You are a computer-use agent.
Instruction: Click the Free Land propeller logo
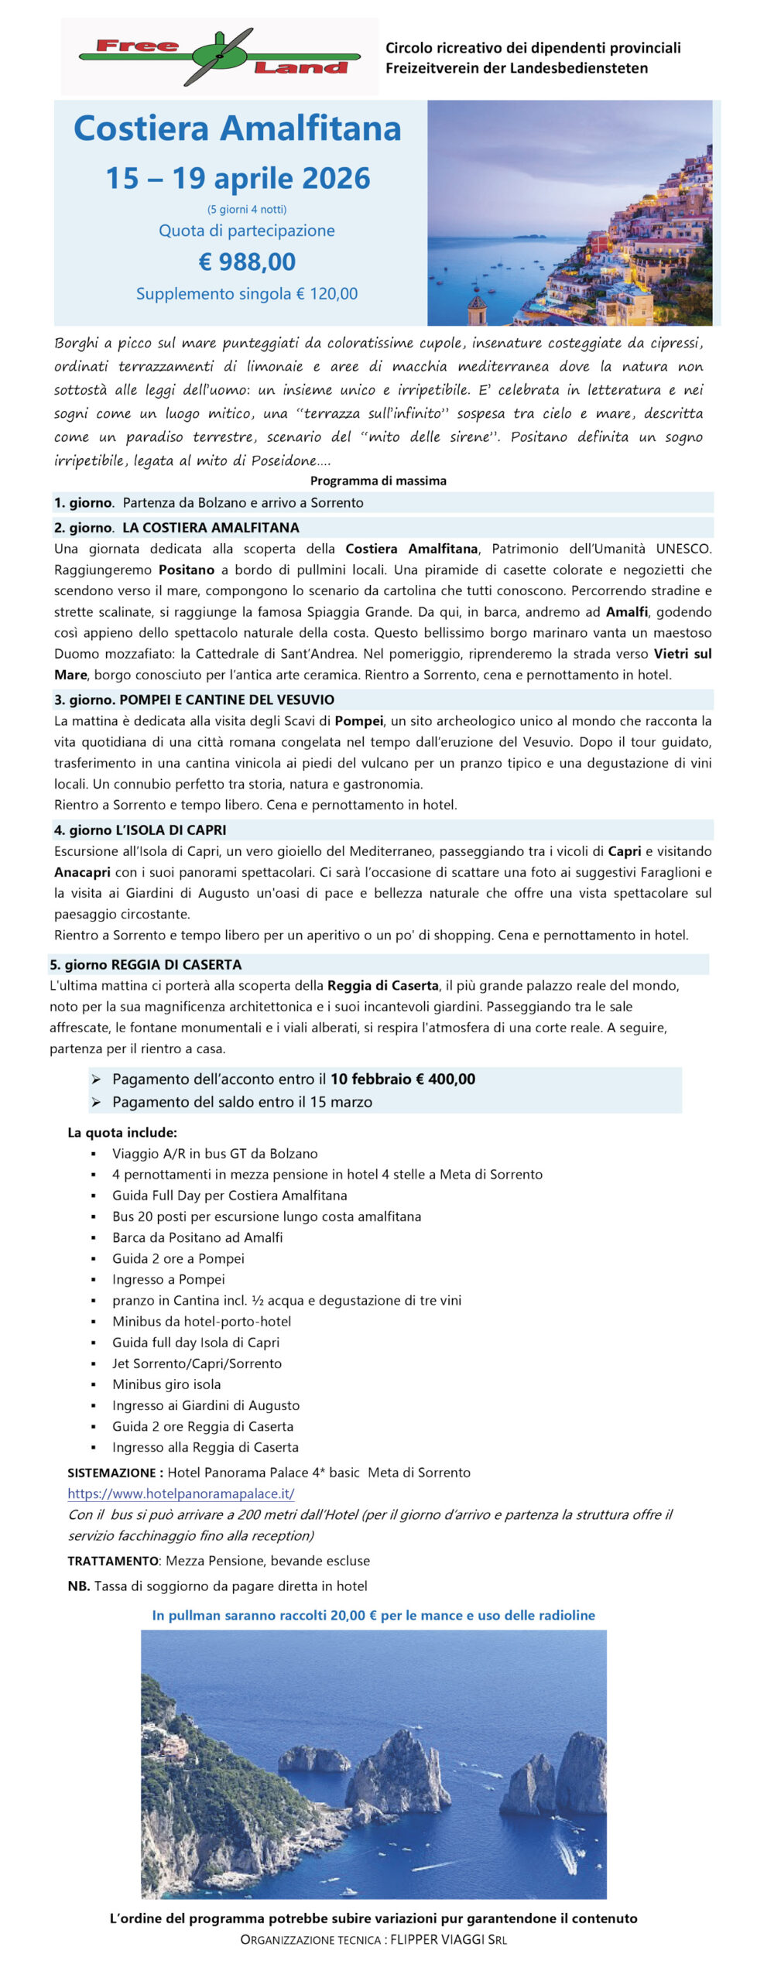[220, 56]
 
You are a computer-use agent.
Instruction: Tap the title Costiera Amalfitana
[237, 128]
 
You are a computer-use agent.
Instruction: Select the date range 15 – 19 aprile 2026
[238, 179]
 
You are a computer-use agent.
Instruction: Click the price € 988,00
[247, 262]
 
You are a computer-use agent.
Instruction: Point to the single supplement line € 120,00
[247, 294]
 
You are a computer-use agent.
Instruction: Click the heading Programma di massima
[378, 481]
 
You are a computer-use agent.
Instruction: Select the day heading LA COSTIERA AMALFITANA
[211, 528]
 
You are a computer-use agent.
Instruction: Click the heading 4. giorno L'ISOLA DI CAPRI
[140, 830]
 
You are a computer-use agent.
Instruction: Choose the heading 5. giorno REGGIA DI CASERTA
[146, 964]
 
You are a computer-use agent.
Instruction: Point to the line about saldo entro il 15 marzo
[241, 1102]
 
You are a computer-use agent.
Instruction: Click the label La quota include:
[122, 1132]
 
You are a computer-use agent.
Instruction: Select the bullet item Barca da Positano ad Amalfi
[197, 1237]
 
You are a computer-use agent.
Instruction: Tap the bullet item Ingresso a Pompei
[169, 1279]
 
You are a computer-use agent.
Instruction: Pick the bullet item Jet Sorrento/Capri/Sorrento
[197, 1363]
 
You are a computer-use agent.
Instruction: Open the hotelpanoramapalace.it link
[180, 1493]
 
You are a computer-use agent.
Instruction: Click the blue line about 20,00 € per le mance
[373, 1615]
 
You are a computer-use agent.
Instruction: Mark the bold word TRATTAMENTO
[113, 1561]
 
